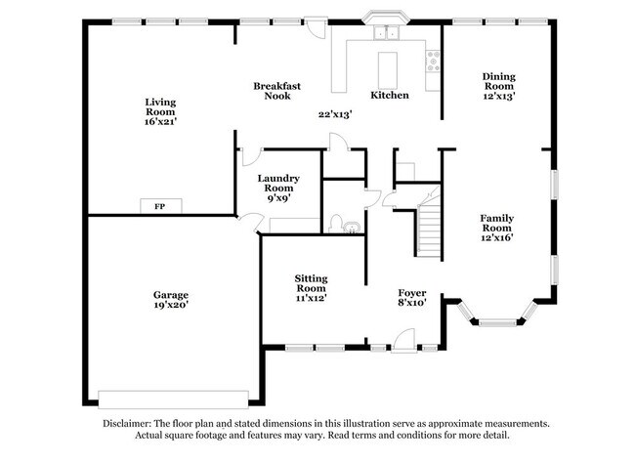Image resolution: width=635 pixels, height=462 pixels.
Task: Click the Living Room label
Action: (x=160, y=106)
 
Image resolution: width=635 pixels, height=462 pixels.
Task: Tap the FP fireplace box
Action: (x=158, y=206)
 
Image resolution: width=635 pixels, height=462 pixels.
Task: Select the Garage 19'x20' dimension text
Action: (x=170, y=305)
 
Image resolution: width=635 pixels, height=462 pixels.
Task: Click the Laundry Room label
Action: (x=278, y=184)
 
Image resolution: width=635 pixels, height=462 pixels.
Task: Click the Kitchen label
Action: (x=389, y=95)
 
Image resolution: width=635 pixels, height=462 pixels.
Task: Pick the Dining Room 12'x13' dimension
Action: (x=499, y=97)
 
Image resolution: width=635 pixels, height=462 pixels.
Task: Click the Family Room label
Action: (x=496, y=223)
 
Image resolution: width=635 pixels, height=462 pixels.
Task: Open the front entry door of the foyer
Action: (x=400, y=341)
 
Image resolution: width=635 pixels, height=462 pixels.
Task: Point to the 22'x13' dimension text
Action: (x=335, y=114)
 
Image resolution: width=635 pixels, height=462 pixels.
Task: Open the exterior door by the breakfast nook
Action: (x=314, y=28)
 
